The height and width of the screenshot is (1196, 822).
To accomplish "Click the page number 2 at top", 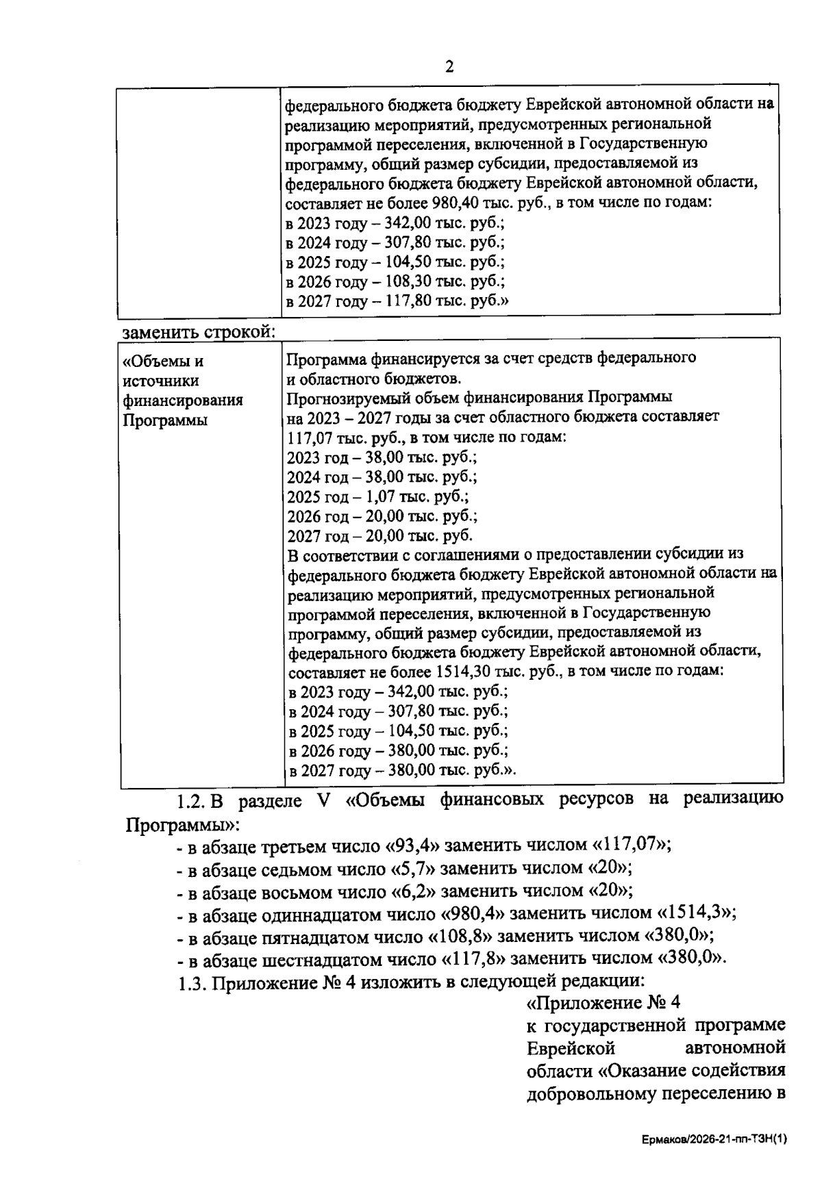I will coord(449,66).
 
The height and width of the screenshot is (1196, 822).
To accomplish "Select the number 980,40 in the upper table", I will coord(453,203).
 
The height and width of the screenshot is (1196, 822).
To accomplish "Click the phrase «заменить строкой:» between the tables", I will coord(199,332).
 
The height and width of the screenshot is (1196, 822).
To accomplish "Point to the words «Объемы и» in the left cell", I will coord(163,361).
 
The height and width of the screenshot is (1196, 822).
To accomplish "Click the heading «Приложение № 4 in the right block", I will coord(603,1004).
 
